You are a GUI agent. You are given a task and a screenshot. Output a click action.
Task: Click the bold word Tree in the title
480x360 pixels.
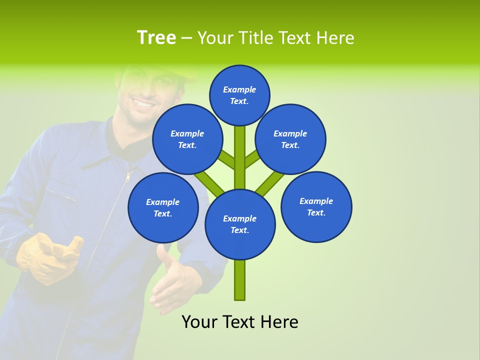pyautogui.click(x=156, y=38)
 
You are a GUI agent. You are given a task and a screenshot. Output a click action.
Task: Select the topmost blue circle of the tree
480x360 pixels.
pyautogui.click(x=239, y=95)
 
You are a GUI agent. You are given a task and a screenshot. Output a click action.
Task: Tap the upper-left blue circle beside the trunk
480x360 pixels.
pyautogui.click(x=187, y=139)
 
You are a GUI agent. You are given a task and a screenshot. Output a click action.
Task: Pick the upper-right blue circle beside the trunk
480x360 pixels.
pyautogui.click(x=290, y=139)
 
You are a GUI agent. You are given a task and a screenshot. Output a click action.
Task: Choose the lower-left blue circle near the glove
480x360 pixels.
pyautogui.click(x=163, y=207)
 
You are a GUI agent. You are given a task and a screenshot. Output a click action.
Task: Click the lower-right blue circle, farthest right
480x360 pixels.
pyautogui.click(x=316, y=206)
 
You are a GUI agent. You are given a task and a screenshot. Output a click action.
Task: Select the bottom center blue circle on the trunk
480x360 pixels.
pyautogui.click(x=240, y=224)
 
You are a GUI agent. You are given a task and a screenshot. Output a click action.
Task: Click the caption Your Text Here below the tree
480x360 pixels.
pyautogui.click(x=240, y=322)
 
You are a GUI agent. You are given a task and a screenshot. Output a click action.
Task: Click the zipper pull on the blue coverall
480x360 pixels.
pyautogui.click(x=128, y=175)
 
